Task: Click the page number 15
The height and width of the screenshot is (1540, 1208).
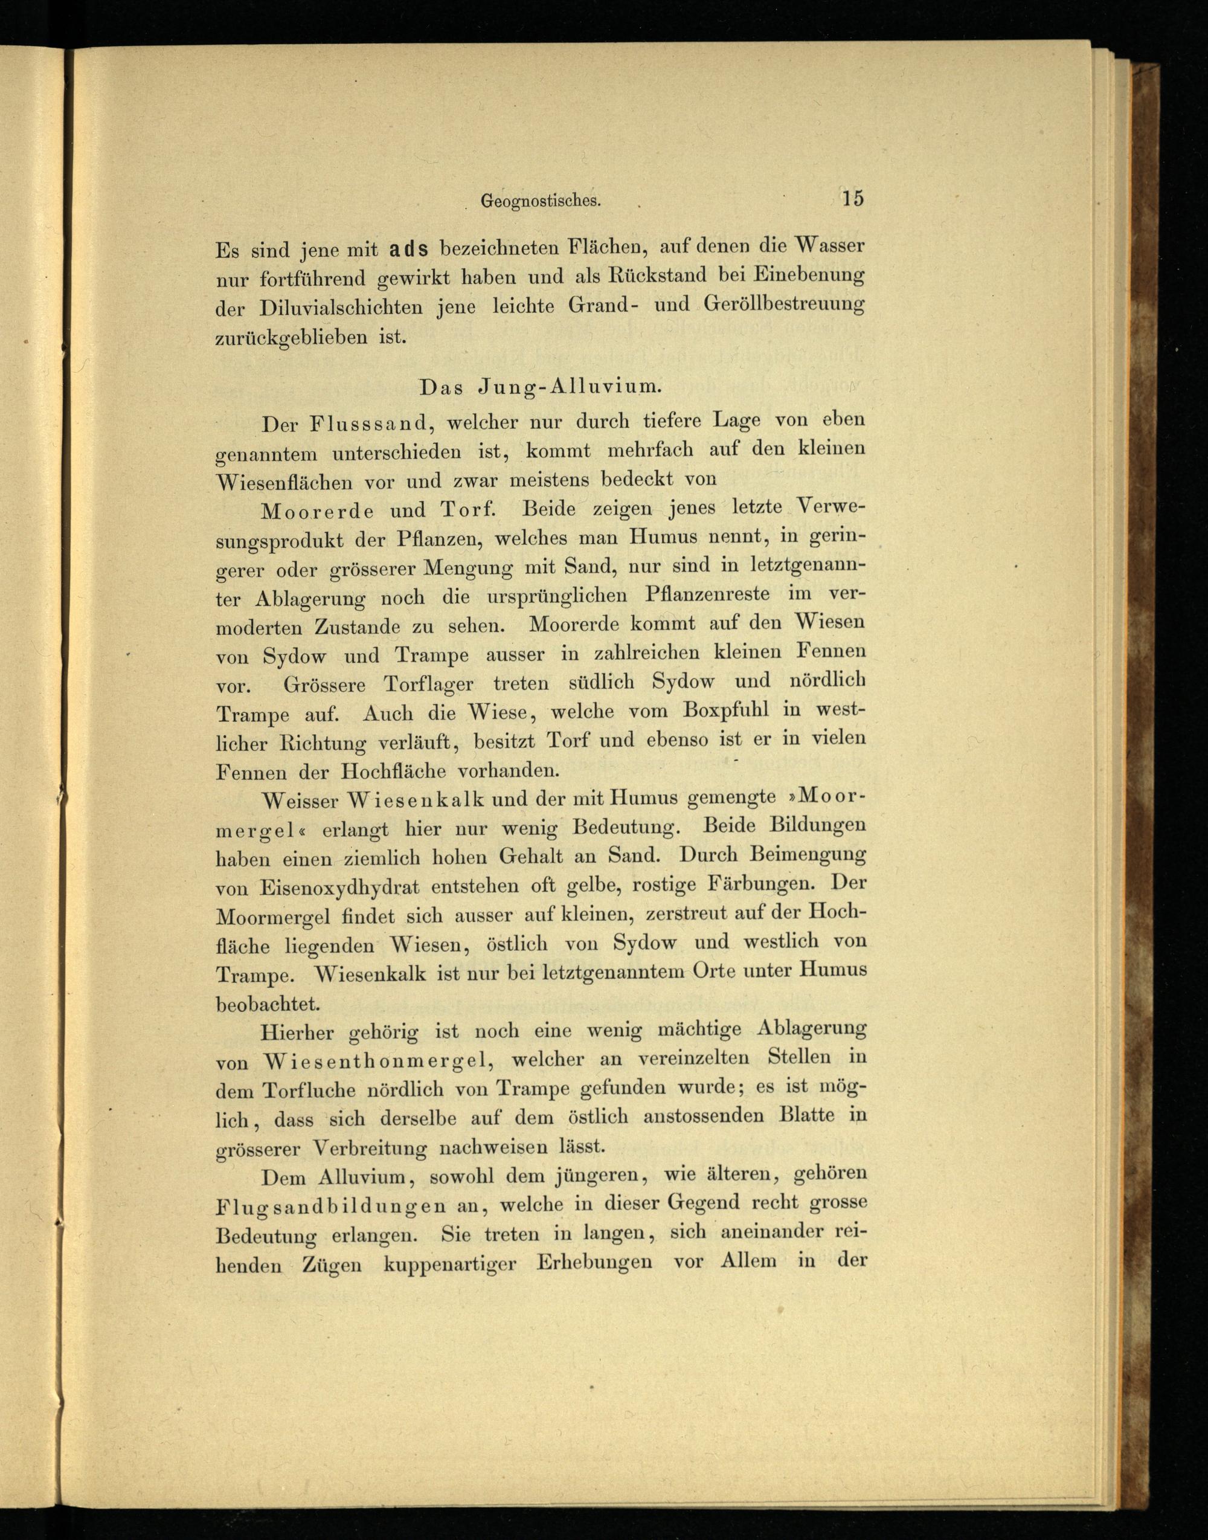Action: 852,198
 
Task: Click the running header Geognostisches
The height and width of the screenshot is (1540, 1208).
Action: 541,201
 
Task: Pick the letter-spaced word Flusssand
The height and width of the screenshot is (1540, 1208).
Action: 368,424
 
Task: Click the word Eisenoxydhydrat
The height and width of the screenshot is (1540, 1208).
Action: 339,887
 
